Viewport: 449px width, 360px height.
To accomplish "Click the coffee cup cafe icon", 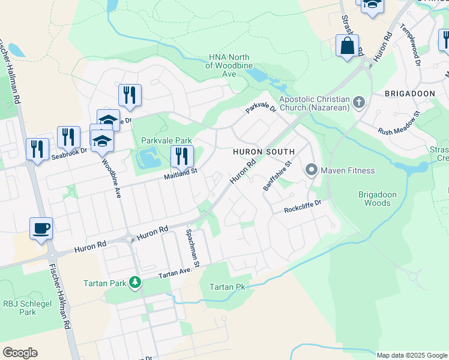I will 41,228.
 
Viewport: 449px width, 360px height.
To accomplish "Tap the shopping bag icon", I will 348,46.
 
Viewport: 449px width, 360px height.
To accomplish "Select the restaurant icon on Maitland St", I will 182,156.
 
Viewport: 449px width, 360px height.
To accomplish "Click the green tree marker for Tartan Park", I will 135,282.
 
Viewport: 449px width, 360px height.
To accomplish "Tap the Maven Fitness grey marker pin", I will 311,170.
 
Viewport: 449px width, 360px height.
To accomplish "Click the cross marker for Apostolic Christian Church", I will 359,103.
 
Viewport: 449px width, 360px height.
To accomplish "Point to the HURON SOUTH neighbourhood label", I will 264,152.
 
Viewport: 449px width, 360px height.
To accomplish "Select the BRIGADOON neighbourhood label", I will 409,94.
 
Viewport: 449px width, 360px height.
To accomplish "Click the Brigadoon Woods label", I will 374,199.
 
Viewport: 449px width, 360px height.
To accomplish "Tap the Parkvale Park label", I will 166,140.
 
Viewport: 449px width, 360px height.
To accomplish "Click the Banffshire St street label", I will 277,176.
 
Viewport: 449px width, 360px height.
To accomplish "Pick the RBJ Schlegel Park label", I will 20,308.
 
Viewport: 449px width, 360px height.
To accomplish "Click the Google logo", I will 20,353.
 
